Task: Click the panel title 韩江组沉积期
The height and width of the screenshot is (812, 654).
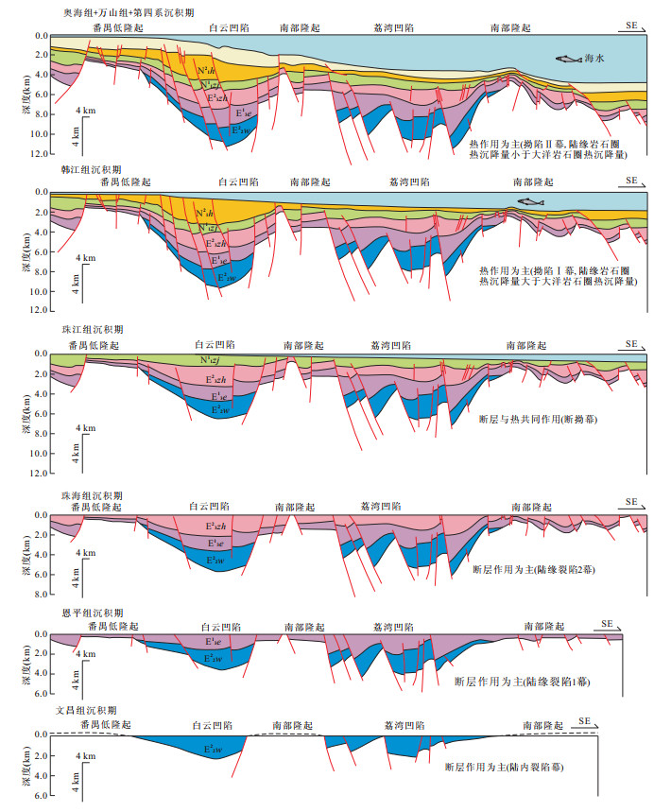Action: click(81, 169)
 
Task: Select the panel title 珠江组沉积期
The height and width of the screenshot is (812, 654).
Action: click(81, 331)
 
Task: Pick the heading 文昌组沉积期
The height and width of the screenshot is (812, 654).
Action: click(81, 710)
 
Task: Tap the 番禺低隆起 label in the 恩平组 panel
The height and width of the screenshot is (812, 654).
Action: click(116, 627)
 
